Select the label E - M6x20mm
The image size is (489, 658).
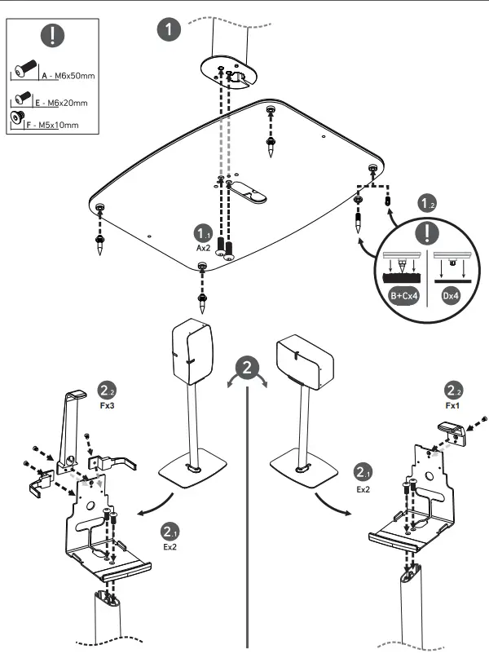click(65, 103)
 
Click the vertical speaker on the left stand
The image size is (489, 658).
click(192, 351)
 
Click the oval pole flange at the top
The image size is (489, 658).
click(227, 73)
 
